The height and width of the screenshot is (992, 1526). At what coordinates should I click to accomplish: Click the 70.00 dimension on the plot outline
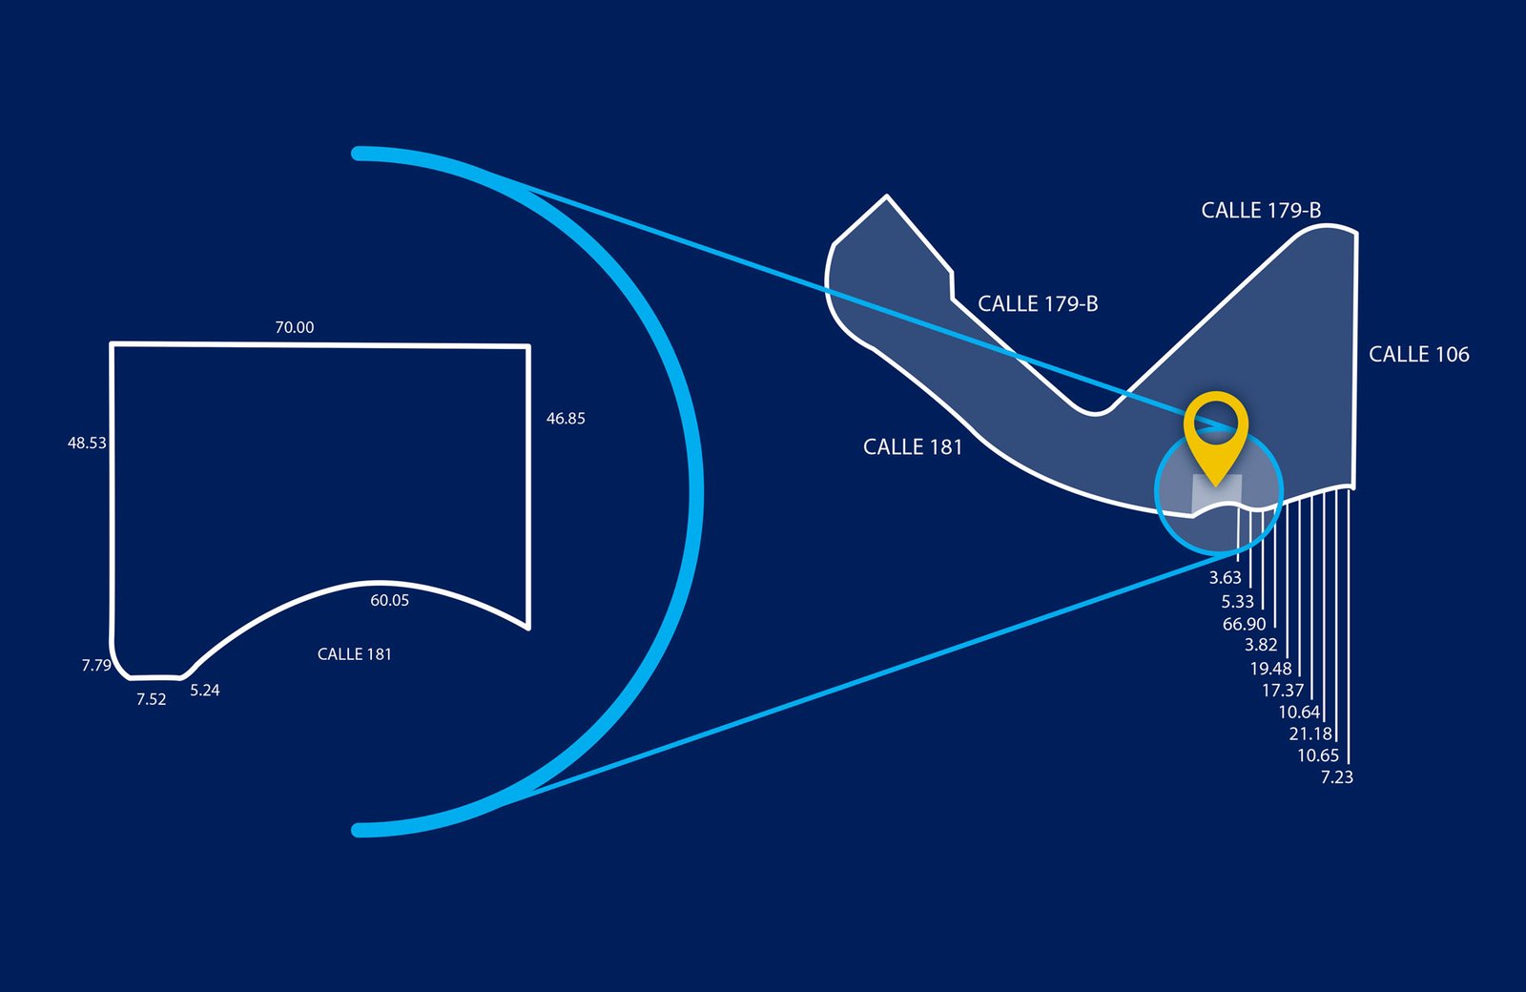click(294, 327)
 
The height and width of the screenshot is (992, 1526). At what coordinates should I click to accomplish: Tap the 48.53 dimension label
click(87, 443)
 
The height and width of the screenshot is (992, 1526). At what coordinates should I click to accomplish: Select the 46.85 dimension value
click(566, 418)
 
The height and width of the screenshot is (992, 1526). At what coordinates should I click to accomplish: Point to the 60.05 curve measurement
click(389, 600)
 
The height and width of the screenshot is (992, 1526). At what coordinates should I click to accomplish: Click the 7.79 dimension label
click(96, 665)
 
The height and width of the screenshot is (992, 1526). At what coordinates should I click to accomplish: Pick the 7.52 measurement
click(151, 699)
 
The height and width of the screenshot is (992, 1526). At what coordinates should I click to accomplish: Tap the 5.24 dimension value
click(204, 690)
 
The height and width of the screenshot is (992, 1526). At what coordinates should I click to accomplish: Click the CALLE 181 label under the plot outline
click(354, 653)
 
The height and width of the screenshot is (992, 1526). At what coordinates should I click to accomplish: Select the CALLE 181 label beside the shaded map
click(913, 446)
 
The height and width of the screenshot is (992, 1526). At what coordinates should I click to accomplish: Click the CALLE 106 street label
click(1418, 354)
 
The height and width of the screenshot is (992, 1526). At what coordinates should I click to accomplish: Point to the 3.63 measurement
click(1225, 577)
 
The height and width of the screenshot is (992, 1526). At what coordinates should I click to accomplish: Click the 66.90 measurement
click(1244, 624)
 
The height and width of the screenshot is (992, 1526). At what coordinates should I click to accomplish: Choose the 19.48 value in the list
click(1270, 669)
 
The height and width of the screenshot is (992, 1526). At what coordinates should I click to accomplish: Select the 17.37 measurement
click(1282, 690)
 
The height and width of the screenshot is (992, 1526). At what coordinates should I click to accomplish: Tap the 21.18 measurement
click(1309, 734)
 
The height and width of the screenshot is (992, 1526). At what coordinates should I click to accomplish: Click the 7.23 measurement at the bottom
click(1336, 777)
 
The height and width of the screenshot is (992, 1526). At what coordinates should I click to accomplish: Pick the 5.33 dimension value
click(1237, 601)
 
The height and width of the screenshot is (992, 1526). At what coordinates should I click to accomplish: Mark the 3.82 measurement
click(1260, 646)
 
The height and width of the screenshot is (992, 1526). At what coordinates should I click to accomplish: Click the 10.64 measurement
click(1298, 712)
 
